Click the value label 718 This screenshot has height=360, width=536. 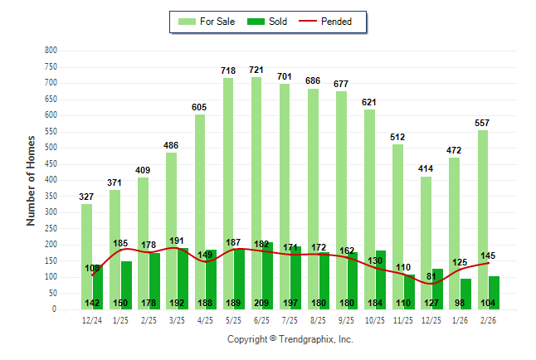pyautogui.click(x=228, y=71)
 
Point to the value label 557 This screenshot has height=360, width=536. pyautogui.click(x=482, y=123)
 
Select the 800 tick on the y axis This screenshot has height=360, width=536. pyautogui.click(x=51, y=51)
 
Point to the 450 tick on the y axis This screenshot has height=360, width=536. pyautogui.click(x=51, y=164)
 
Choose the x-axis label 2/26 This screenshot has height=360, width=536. pyautogui.click(x=489, y=320)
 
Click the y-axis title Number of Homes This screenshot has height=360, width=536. pyautogui.click(x=31, y=180)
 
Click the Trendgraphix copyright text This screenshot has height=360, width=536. pyautogui.click(x=290, y=339)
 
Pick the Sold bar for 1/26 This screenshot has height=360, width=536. pyautogui.click(x=465, y=294)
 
